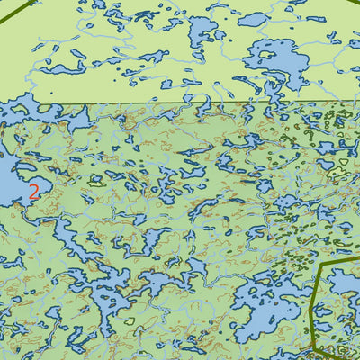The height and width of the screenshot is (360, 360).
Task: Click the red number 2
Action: (x=33, y=191)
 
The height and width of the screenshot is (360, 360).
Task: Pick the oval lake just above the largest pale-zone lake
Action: (x=253, y=19)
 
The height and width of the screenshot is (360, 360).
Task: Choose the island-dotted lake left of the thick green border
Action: (x=261, y=306)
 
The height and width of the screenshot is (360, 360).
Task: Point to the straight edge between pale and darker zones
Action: (x=180, y=103)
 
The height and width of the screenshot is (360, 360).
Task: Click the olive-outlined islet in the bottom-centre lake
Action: (x=130, y=320)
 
